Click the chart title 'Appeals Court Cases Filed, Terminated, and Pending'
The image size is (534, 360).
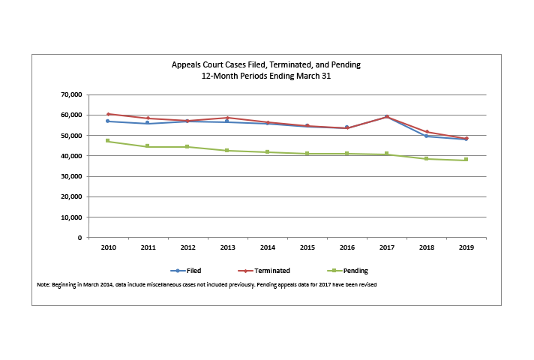click(x=266, y=64)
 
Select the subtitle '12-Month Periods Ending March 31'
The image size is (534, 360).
click(x=266, y=76)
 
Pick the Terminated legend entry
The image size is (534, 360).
click(x=266, y=271)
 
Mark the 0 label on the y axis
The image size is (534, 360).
click(x=79, y=238)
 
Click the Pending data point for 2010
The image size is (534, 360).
click(x=108, y=141)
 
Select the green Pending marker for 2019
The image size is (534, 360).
click(x=466, y=160)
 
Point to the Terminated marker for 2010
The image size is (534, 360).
click(x=108, y=114)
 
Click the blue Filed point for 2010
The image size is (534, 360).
click(x=108, y=121)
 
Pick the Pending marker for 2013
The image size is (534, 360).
click(x=227, y=151)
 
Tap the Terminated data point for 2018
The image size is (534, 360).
click(x=426, y=132)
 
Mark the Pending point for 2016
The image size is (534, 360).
click(x=346, y=154)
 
